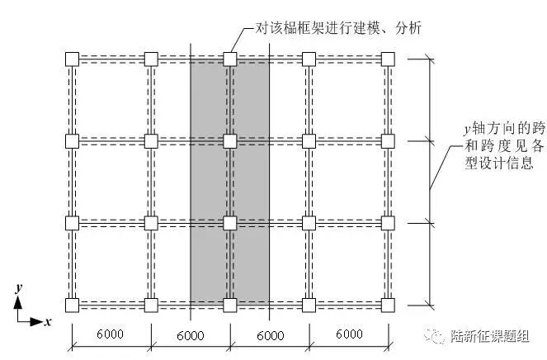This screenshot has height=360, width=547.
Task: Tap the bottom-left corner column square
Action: tap(72, 305)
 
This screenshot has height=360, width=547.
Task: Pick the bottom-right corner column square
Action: tap(388, 305)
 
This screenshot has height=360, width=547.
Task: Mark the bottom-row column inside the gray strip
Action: tap(230, 305)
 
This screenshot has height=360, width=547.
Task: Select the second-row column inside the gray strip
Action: tap(230, 140)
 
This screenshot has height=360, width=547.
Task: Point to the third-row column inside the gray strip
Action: tap(230, 223)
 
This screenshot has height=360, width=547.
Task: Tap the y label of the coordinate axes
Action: tap(18, 288)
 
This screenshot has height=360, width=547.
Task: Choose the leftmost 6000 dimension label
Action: tap(111, 334)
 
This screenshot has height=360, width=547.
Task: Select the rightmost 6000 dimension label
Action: tap(349, 334)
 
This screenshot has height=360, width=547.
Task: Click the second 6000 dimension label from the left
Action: tap(191, 334)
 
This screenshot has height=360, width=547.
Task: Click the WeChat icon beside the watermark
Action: tap(458, 336)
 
